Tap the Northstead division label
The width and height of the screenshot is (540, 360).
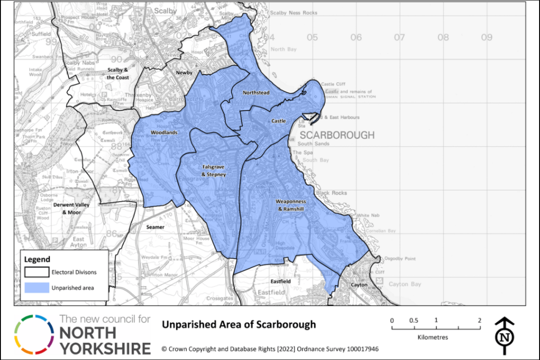pos(256,93)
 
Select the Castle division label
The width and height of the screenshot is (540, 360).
pos(279,121)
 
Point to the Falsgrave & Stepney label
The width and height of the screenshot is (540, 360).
pos(213,171)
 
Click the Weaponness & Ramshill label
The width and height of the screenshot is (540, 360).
pos(291,205)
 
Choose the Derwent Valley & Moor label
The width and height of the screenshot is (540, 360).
pos(71,208)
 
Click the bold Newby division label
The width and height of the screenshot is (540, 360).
pos(184,72)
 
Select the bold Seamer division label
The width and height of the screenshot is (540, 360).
pos(155,227)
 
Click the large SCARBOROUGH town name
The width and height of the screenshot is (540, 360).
pos(337,135)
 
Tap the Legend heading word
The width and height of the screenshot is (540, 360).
pos(37,260)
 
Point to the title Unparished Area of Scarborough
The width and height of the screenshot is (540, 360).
pos(238,324)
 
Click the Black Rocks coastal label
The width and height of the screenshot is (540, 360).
pos(331,193)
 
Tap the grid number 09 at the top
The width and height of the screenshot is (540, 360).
pos(486,37)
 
